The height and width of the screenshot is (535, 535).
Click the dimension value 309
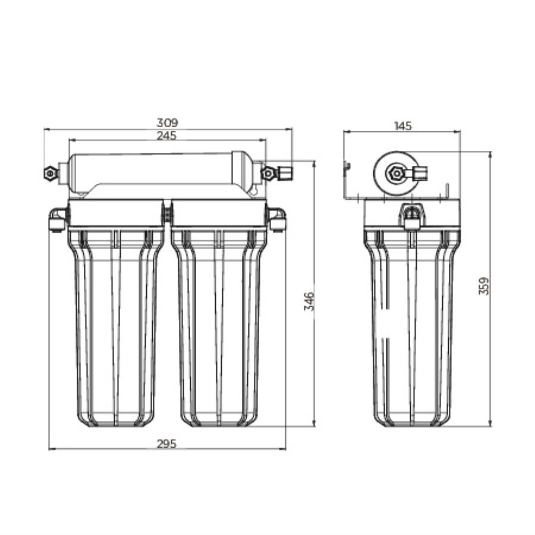[x=167, y=122]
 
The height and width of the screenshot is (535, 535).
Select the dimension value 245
[x=167, y=135]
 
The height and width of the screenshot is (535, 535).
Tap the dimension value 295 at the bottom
[x=167, y=443]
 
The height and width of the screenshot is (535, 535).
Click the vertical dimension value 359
[x=484, y=286]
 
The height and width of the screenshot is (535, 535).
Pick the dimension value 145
[x=402, y=126]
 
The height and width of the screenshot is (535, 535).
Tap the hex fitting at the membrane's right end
[x=269, y=173]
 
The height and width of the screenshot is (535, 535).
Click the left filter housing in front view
[x=115, y=327]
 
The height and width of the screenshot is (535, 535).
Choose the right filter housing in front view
[x=219, y=327]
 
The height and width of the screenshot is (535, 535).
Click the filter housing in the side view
[x=411, y=327]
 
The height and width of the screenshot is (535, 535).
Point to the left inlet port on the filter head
[x=58, y=219]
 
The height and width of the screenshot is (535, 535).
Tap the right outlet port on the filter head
[x=277, y=219]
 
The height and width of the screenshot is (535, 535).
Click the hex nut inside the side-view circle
[x=395, y=173]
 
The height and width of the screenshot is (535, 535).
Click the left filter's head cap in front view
[x=115, y=213]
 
